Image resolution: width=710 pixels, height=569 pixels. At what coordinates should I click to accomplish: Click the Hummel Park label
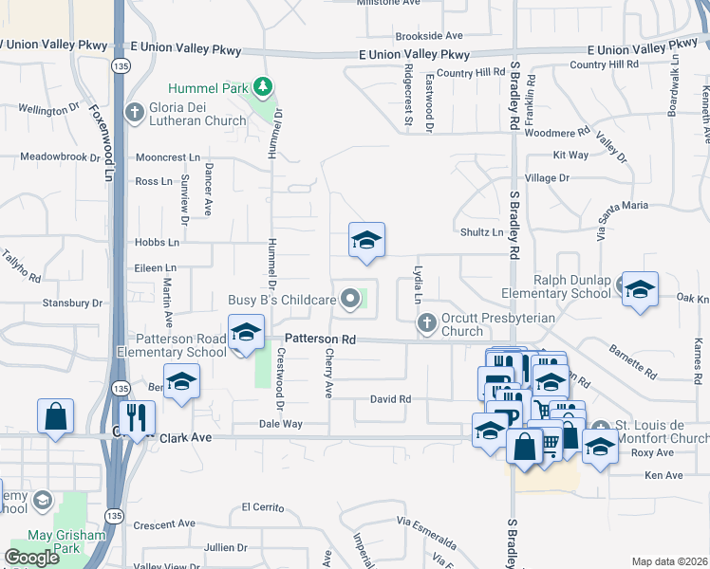pos(208,88)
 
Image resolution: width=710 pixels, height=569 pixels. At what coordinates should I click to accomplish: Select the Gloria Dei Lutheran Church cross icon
pos(135,112)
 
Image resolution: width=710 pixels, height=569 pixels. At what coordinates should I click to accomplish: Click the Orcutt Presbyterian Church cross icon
pos(427,323)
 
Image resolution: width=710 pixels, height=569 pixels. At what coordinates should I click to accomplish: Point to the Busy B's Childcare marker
pos(350,300)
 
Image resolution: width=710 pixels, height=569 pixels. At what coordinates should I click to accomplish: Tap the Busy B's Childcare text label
pos(283,300)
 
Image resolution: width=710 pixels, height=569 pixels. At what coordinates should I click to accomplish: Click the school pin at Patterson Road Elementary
pos(246,333)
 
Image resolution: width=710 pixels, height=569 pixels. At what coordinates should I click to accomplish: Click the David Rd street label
pos(390,399)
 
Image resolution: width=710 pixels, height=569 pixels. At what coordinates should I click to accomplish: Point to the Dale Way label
pos(280,424)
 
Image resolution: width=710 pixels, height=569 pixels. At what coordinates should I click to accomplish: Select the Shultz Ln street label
pos(482,231)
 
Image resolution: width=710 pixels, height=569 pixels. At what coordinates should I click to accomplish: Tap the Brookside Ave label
pos(428,35)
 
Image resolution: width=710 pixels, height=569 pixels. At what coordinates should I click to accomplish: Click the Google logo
pos(31,557)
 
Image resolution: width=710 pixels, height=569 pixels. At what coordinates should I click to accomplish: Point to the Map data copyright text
pos(669,561)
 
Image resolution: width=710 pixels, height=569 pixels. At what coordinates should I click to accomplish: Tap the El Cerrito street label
pos(263,506)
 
